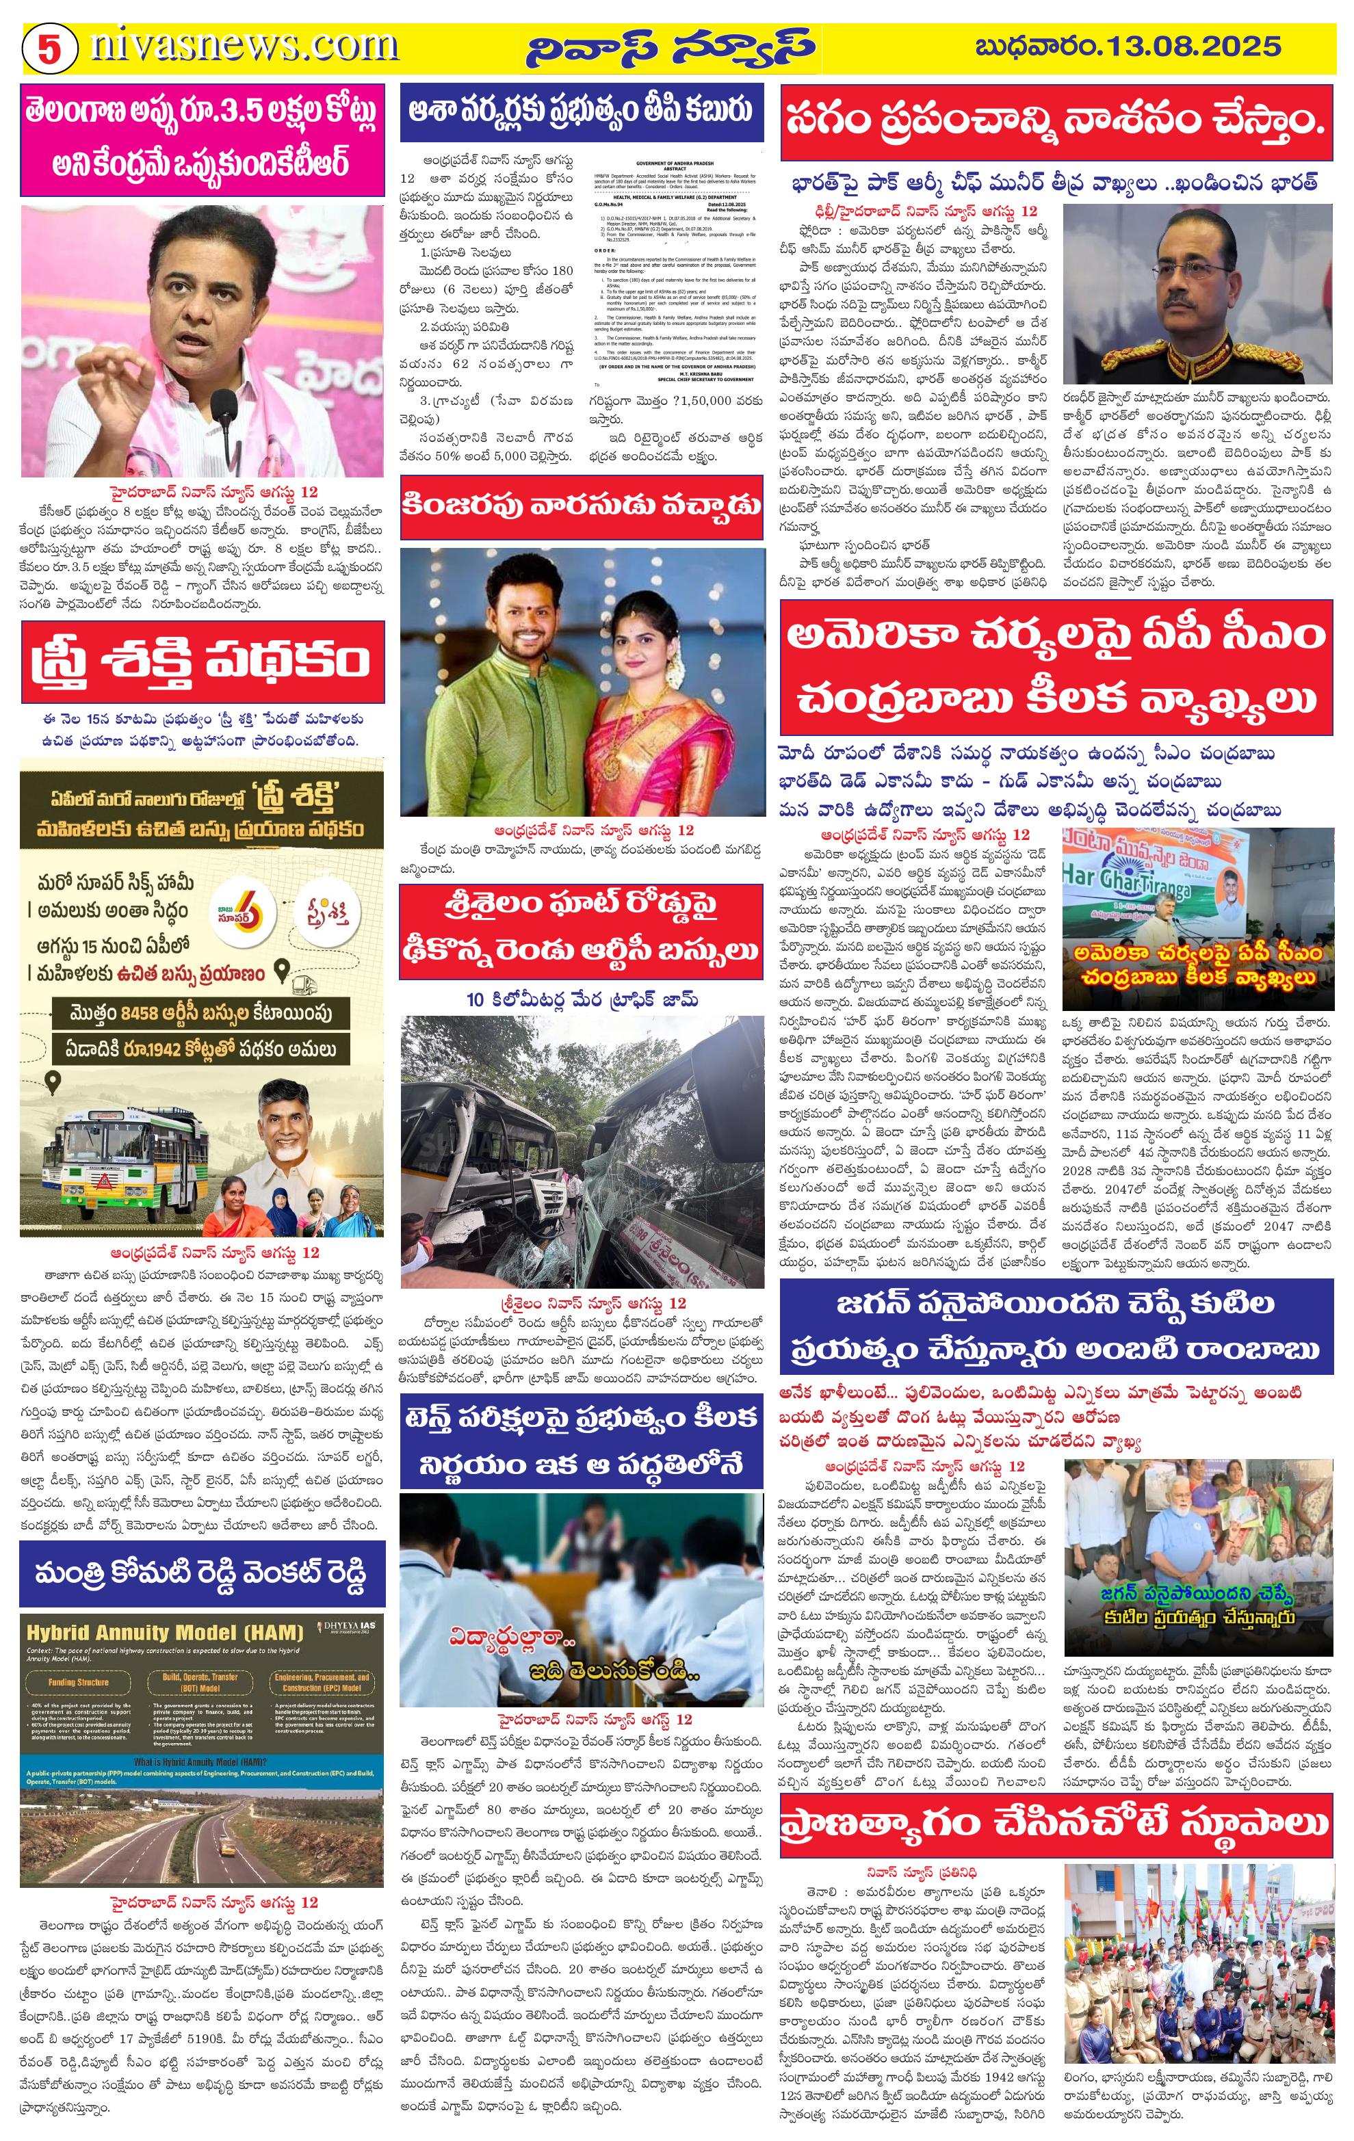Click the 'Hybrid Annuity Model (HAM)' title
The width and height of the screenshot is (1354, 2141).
164,1632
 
